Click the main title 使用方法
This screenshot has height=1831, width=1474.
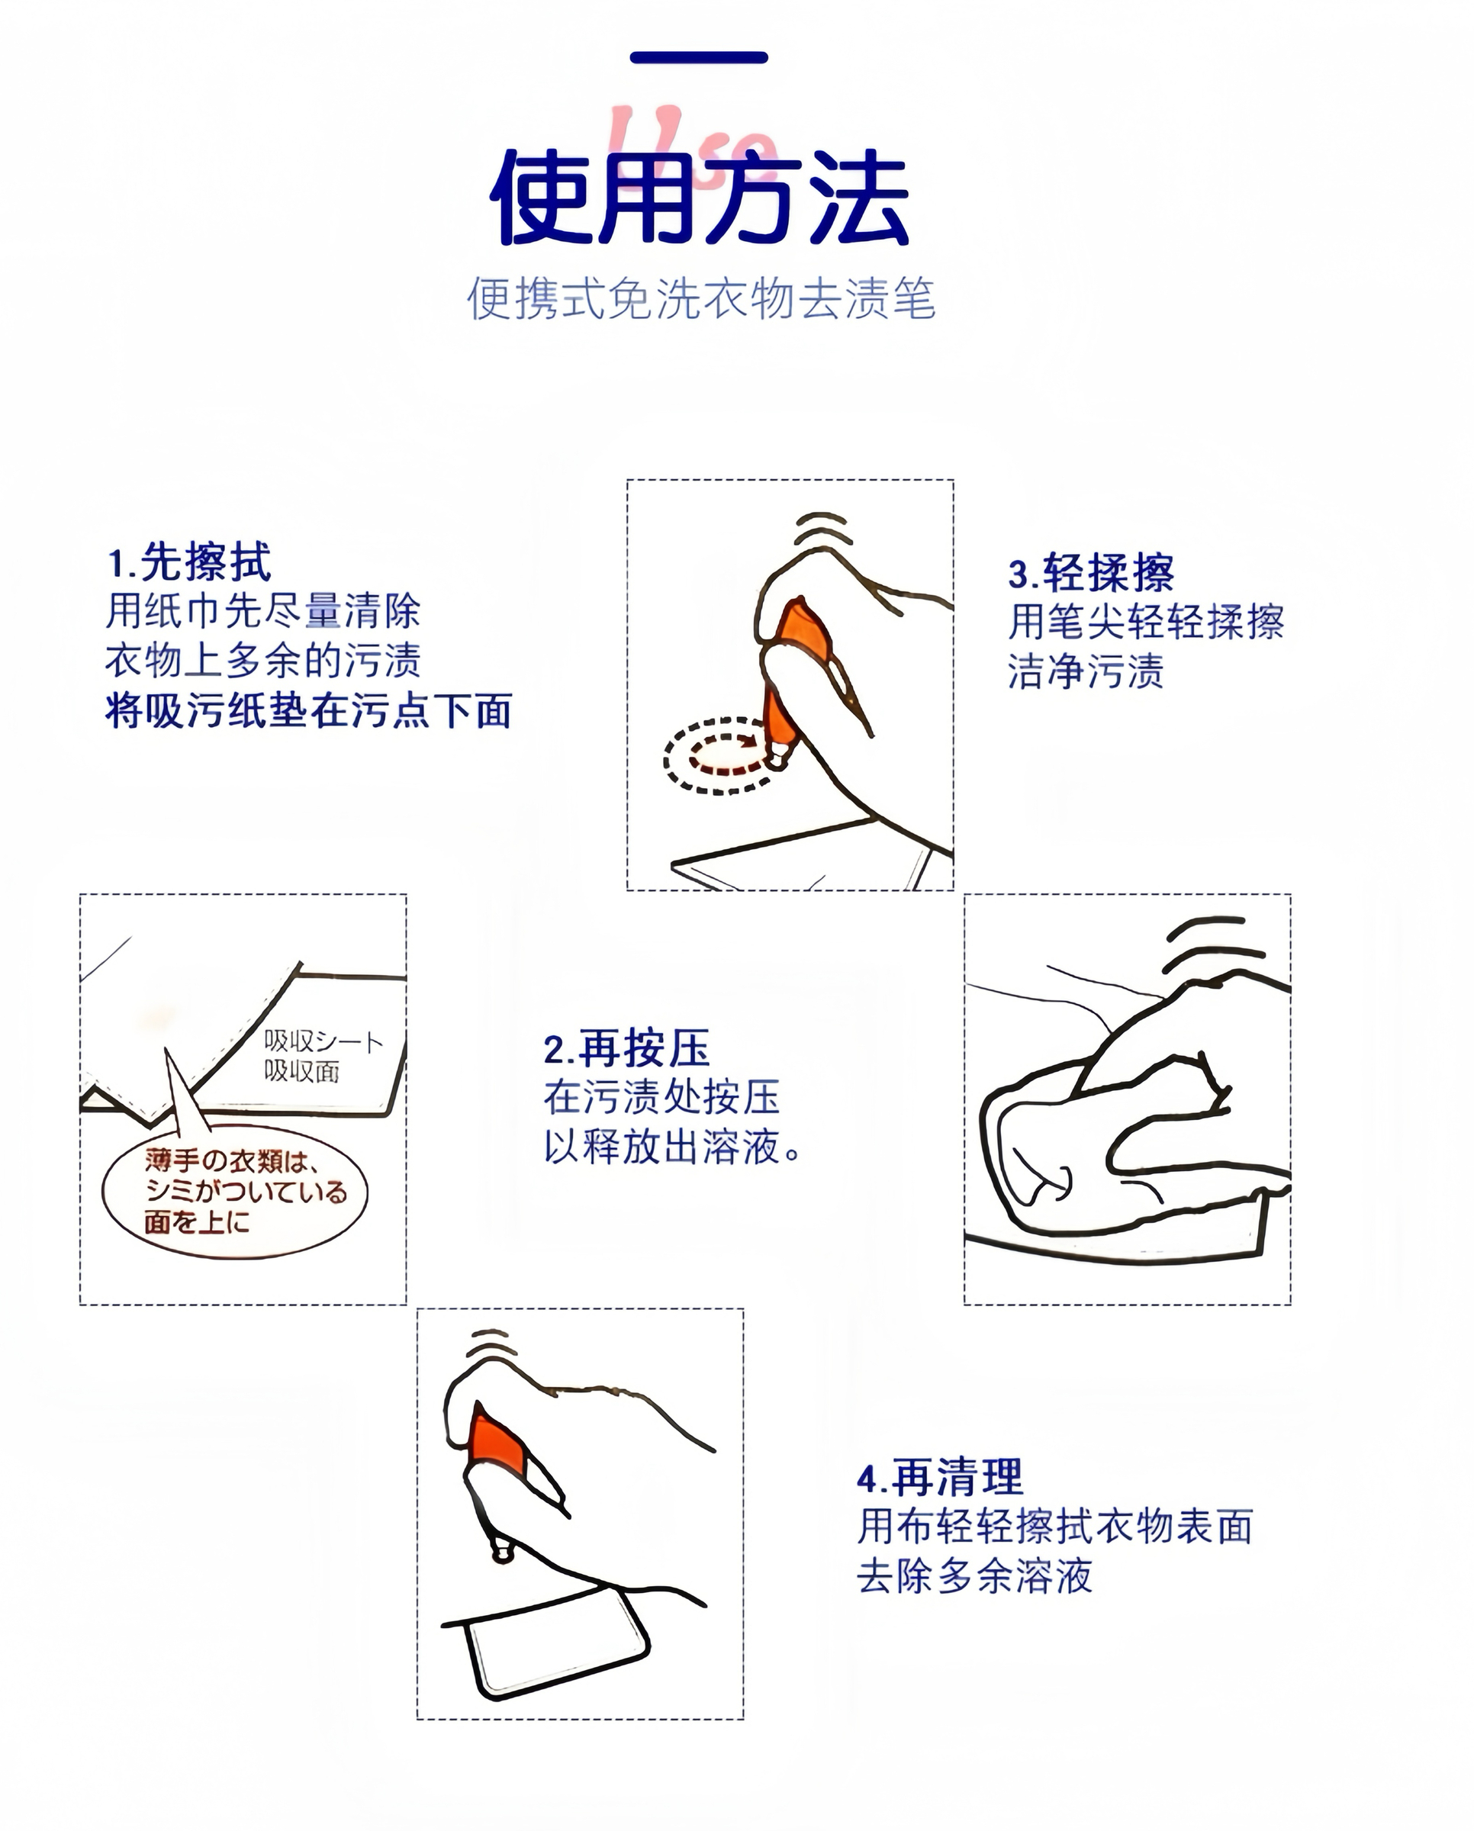tap(700, 198)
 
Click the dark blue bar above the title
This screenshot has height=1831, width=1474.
tap(699, 58)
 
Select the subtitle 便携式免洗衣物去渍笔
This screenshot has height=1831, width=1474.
tap(700, 298)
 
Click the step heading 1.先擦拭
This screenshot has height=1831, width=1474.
tap(188, 562)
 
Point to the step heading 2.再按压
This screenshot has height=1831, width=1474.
tap(626, 1048)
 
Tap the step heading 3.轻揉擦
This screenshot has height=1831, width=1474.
tap(1091, 572)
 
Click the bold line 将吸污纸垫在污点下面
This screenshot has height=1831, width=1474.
tap(308, 710)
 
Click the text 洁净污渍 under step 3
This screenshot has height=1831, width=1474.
tap(1085, 671)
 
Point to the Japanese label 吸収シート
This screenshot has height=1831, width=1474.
tap(323, 1041)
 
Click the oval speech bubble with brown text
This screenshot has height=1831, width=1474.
tap(235, 1194)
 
